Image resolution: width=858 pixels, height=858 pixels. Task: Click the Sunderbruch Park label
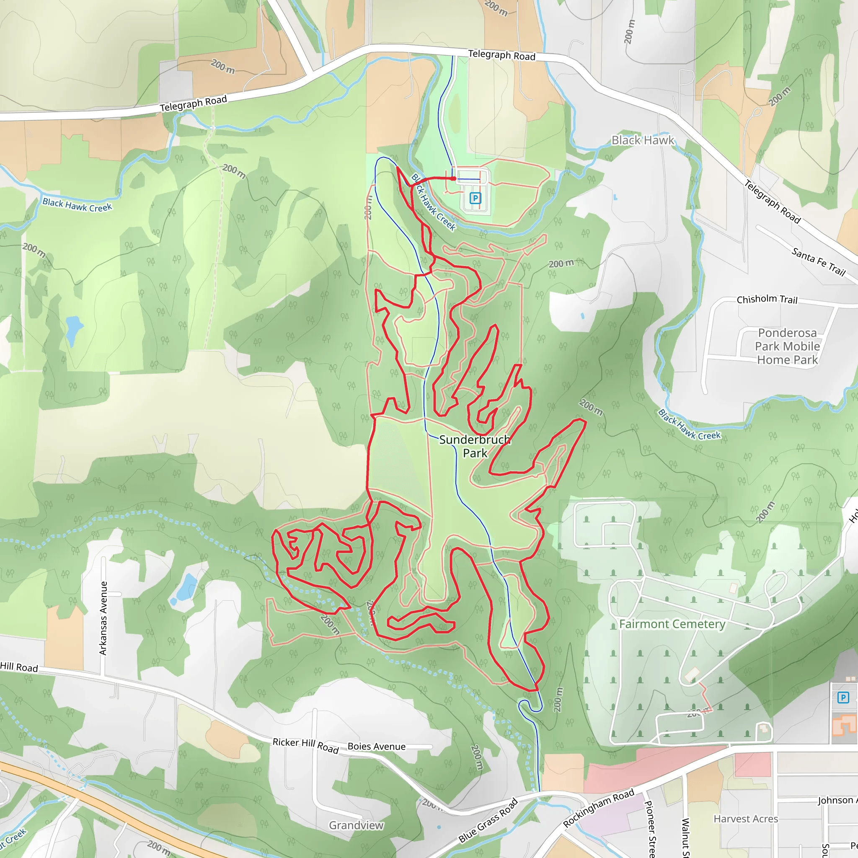click(x=475, y=446)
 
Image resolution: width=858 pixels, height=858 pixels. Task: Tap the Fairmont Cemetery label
click(x=672, y=624)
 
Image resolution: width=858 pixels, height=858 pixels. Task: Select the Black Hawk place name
click(x=642, y=140)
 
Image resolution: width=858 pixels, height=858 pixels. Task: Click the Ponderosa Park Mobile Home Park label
click(x=787, y=346)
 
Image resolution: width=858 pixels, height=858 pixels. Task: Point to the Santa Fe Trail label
click(x=818, y=262)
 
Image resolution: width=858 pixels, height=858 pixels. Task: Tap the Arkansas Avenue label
click(x=103, y=618)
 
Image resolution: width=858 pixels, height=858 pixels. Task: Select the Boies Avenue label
click(x=376, y=747)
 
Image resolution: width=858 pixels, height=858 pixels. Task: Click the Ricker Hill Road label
click(x=305, y=746)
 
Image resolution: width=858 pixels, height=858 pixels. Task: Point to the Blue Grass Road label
click(x=488, y=820)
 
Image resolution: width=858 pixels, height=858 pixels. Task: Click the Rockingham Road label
click(x=598, y=808)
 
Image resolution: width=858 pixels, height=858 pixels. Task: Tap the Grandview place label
click(x=356, y=825)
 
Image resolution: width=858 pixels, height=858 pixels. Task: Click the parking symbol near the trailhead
click(x=475, y=198)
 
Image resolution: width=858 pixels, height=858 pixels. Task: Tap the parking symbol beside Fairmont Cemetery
click(x=843, y=698)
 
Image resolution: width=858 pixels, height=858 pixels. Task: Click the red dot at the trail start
click(x=453, y=178)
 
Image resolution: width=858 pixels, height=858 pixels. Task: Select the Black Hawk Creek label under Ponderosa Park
click(x=689, y=425)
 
